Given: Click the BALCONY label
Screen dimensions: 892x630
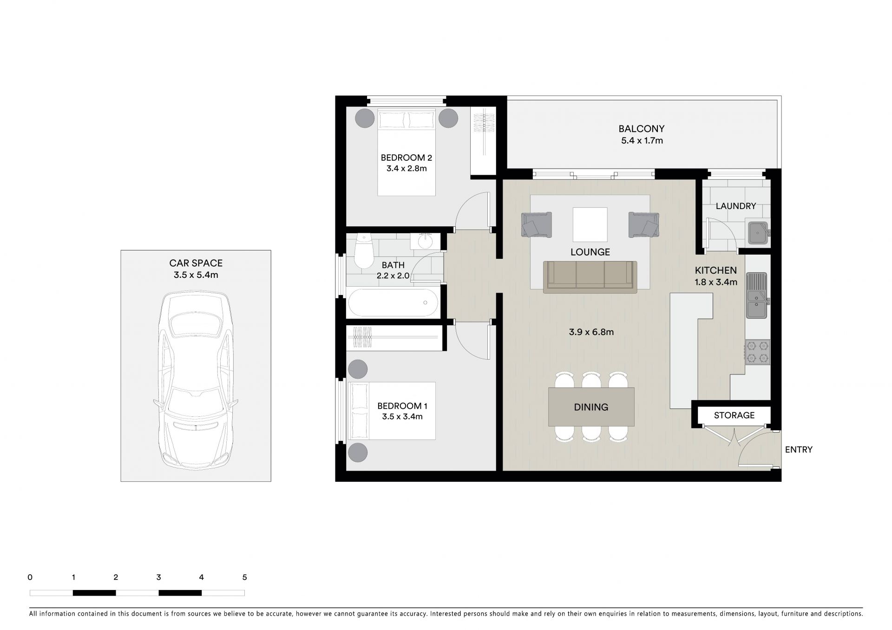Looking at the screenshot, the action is (641, 129).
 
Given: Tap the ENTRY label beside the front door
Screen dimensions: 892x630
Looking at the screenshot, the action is (799, 449).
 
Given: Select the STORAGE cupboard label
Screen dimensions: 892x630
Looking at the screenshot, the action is (734, 415).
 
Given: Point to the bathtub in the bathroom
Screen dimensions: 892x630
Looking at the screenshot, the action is (393, 302).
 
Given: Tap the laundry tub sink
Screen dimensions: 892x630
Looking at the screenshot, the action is (758, 233).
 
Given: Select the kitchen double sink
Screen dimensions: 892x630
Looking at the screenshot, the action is (757, 295).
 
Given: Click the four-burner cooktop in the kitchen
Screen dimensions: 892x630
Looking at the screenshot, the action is (757, 352).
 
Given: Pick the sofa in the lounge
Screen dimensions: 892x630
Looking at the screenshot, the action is (590, 277).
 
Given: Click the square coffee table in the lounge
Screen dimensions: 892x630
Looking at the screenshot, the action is (590, 223).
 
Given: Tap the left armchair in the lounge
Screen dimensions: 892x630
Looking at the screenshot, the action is (537, 225).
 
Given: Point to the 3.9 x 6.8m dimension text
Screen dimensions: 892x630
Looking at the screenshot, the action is (591, 332).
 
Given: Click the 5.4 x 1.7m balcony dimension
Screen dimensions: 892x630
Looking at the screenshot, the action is (642, 141).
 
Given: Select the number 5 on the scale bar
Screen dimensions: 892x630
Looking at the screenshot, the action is (244, 577).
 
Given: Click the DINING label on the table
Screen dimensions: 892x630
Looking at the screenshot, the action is (591, 407).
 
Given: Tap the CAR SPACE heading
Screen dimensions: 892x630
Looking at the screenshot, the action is (196, 263).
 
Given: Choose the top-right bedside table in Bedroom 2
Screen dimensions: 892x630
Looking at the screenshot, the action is (448, 118).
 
